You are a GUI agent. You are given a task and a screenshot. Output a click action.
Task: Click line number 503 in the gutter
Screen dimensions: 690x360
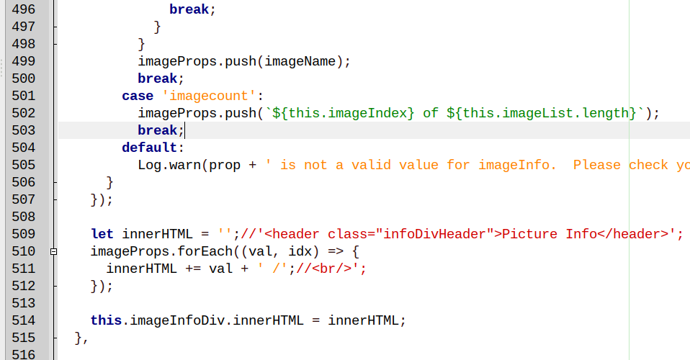pyautogui.click(x=24, y=130)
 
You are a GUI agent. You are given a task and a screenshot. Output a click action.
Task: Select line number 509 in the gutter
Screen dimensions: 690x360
pyautogui.click(x=24, y=234)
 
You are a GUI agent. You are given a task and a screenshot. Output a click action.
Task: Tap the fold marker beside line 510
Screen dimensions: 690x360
pyautogui.click(x=53, y=251)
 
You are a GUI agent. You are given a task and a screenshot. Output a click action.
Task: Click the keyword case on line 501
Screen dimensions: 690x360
pyautogui.click(x=137, y=96)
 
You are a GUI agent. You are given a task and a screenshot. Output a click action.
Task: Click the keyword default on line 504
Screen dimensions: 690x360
pyautogui.click(x=149, y=148)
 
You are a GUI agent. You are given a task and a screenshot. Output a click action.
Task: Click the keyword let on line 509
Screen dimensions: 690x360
pyautogui.click(x=102, y=234)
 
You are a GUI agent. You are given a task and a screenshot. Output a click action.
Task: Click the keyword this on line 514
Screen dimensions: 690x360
pyautogui.click(x=106, y=320)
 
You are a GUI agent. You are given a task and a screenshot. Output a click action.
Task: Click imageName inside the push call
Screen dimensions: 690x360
pyautogui.click(x=300, y=61)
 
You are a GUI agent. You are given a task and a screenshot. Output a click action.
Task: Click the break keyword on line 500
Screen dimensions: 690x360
pyautogui.click(x=157, y=78)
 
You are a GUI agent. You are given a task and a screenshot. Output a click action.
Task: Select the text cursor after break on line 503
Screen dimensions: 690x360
pyautogui.click(x=185, y=130)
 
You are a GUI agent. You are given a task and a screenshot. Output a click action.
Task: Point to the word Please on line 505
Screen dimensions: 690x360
pyautogui.click(x=596, y=165)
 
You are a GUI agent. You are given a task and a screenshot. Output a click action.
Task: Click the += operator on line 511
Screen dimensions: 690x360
pyautogui.click(x=193, y=269)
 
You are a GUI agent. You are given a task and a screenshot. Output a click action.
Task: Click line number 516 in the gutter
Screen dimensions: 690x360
pyautogui.click(x=24, y=354)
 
